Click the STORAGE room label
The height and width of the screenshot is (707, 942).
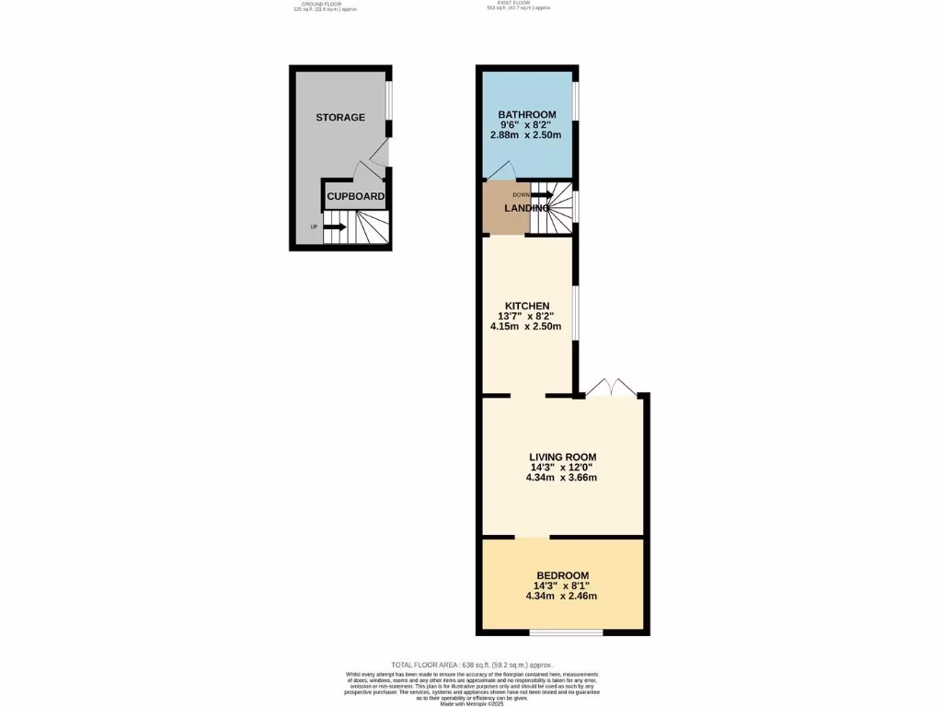tap(340, 118)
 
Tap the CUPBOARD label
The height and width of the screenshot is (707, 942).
tap(355, 196)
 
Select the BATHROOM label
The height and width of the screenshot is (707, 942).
tap(526, 114)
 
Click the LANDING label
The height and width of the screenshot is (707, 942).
tap(526, 208)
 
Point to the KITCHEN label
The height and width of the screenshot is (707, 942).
tap(527, 306)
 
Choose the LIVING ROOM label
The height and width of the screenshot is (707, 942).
tap(562, 457)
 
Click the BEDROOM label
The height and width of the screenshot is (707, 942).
tap(562, 575)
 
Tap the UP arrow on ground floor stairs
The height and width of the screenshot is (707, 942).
tap(333, 226)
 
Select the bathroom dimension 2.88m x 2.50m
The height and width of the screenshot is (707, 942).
tap(526, 135)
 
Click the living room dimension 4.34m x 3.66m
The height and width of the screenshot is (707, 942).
tap(562, 478)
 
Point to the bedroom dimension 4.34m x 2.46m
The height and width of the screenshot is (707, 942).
tap(562, 596)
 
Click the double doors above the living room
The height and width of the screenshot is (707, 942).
tap(612, 388)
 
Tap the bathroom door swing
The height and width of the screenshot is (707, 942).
tap(501, 171)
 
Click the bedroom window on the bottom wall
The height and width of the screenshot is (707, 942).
tap(567, 632)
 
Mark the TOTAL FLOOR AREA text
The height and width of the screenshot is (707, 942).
tap(471, 665)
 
